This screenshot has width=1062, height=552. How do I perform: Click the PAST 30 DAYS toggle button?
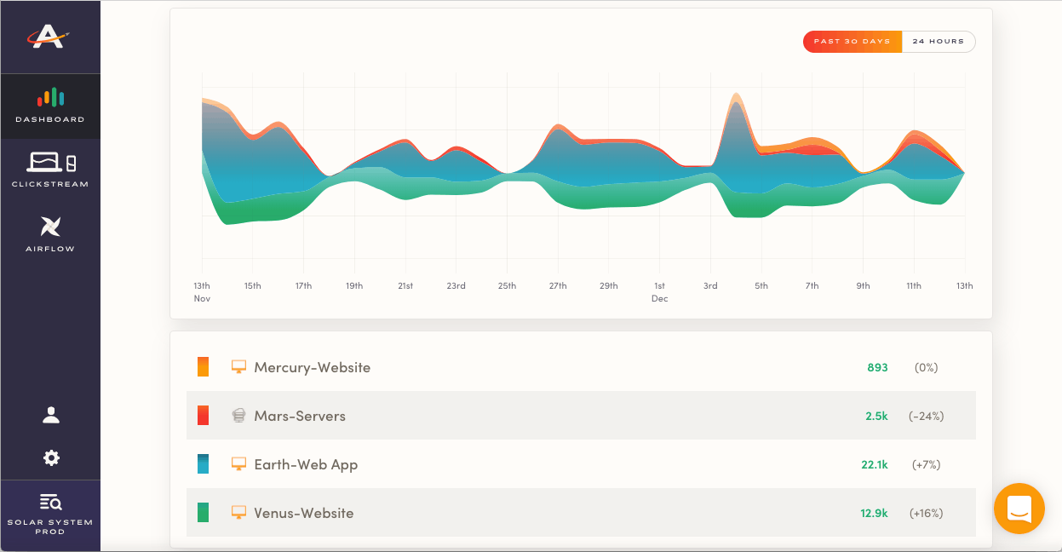pos(852,42)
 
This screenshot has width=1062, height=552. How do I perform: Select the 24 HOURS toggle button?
pos(938,42)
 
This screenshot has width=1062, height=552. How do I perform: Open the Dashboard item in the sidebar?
pos(50,106)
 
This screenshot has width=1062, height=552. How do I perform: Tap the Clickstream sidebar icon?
pos(50,169)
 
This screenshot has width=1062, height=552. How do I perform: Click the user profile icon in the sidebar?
pos(51,415)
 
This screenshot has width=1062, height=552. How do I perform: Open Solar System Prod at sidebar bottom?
pos(50,514)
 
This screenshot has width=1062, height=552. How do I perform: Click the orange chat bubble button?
pos(1019,509)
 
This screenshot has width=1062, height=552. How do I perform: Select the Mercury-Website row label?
pos(312,368)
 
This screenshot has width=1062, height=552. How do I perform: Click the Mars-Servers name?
pos(300,417)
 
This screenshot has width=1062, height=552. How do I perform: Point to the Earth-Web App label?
pos(306,465)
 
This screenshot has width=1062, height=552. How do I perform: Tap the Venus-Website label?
pos(303,514)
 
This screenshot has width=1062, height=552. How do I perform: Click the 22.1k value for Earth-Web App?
pos(874,465)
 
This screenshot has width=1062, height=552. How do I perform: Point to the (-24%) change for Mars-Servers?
pos(926,417)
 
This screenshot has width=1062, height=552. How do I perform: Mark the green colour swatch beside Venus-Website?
pos(203,513)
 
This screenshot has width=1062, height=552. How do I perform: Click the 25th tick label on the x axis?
pos(507,286)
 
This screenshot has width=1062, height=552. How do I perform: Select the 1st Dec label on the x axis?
pos(659,292)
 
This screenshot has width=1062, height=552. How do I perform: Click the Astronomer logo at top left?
pos(49,37)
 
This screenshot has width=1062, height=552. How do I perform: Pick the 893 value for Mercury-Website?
pos(877,368)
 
